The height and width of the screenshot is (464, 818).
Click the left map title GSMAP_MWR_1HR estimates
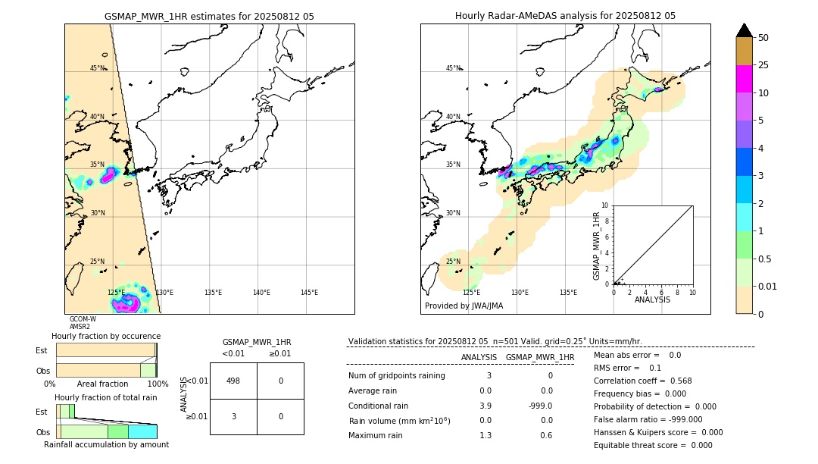click(x=209, y=16)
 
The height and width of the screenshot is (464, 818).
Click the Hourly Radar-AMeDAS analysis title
click(x=565, y=16)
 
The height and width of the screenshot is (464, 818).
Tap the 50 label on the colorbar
click(x=763, y=38)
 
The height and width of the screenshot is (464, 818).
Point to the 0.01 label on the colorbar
click(x=768, y=286)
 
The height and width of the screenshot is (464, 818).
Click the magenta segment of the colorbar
click(x=744, y=79)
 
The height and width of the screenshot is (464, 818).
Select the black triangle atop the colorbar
click(x=744, y=30)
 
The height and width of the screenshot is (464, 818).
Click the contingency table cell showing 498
click(x=233, y=381)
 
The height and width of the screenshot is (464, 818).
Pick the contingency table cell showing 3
click(x=233, y=416)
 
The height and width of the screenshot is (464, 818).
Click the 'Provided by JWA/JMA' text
click(x=464, y=306)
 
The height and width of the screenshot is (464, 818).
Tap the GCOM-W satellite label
click(x=83, y=319)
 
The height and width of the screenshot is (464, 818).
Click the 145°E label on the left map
click(x=309, y=293)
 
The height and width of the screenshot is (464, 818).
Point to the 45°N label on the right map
click(x=453, y=68)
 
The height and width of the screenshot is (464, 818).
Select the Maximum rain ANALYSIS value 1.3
click(x=485, y=435)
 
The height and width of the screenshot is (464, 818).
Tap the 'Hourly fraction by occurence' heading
click(x=106, y=336)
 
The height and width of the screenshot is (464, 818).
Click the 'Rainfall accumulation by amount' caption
click(x=106, y=444)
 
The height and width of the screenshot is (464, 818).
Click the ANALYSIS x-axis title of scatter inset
click(x=653, y=299)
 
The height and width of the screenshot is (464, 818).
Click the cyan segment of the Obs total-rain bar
click(x=142, y=431)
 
